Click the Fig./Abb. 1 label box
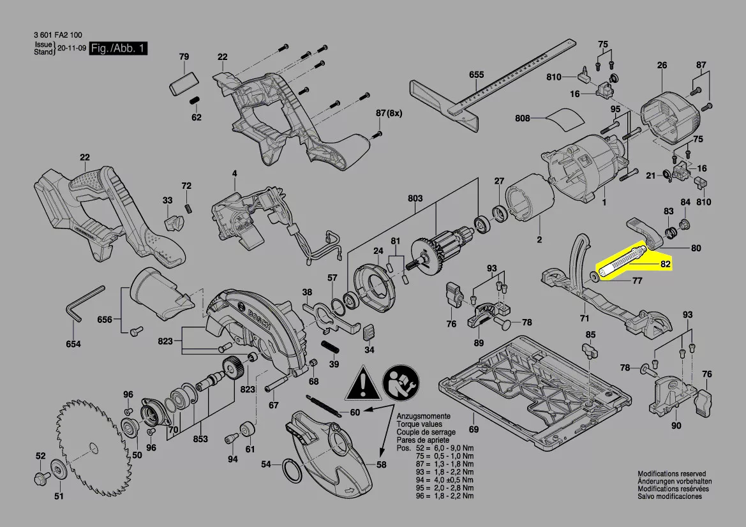[x=118, y=48]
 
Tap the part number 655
[x=477, y=75]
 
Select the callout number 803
[x=415, y=199]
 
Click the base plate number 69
[x=473, y=429]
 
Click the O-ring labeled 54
[x=294, y=473]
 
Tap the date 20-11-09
[x=71, y=48]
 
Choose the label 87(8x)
[x=388, y=113]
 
